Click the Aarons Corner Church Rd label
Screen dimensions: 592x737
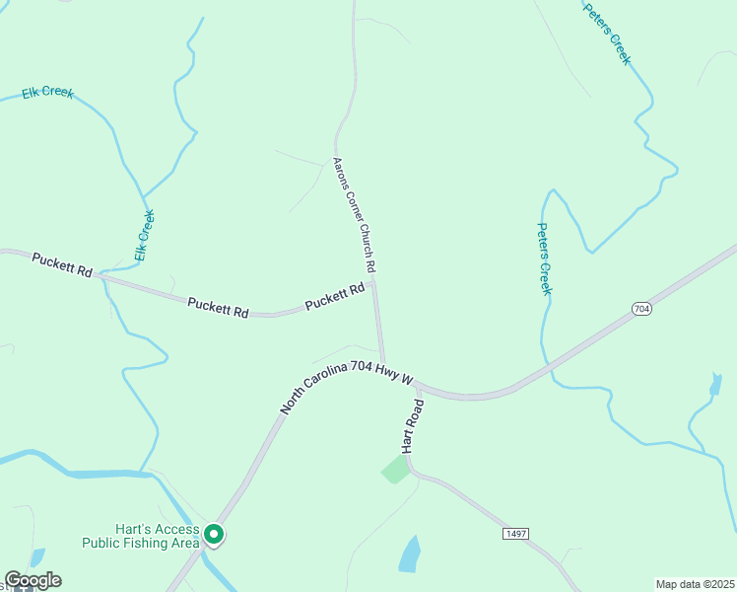[354, 215]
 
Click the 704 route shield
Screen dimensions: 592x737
[641, 310]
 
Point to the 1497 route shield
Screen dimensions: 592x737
[515, 534]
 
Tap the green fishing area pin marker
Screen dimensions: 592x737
[213, 534]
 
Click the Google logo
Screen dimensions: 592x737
[33, 580]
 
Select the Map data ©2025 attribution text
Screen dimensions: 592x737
[695, 583]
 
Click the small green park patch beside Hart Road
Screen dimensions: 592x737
[395, 469]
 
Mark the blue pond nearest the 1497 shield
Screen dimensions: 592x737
[410, 555]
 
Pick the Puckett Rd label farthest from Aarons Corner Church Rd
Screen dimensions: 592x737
[62, 263]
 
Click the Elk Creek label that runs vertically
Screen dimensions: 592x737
[145, 235]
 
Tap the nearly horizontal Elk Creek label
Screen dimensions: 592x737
[47, 93]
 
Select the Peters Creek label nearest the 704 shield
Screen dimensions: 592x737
[544, 258]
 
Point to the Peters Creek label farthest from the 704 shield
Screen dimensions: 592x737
[606, 34]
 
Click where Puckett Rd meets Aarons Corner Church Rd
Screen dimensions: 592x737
[373, 283]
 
